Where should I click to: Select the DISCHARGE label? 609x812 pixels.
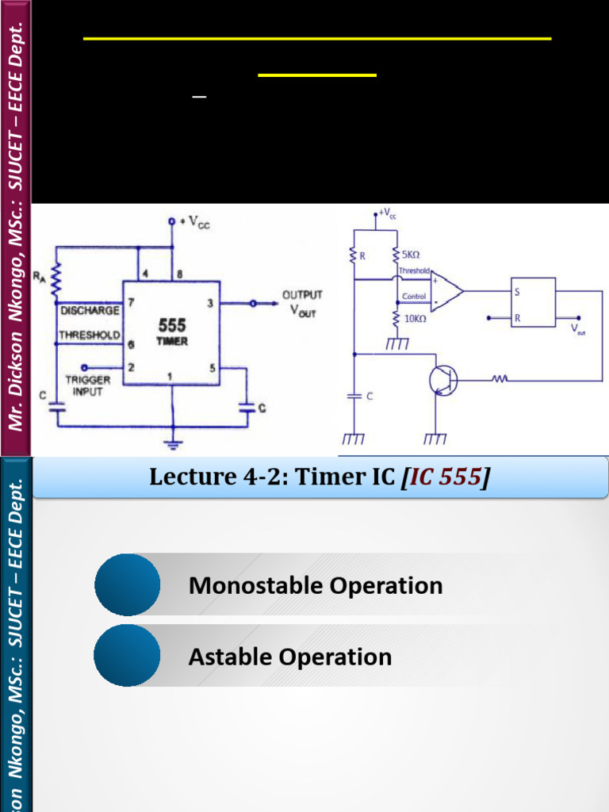pyautogui.click(x=90, y=309)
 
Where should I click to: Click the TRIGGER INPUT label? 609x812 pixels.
pyautogui.click(x=87, y=385)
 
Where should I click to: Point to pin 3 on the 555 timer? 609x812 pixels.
pyautogui.click(x=209, y=303)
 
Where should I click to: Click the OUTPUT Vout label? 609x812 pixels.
pyautogui.click(x=302, y=304)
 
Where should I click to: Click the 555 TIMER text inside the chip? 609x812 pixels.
pyautogui.click(x=171, y=332)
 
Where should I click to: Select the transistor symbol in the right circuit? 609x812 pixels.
pyautogui.click(x=442, y=381)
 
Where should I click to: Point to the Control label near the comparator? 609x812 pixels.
pyautogui.click(x=415, y=297)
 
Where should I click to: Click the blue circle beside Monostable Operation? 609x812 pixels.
pyautogui.click(x=127, y=585)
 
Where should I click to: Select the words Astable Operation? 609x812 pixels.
pyautogui.click(x=289, y=657)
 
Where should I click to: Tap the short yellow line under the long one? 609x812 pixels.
pyautogui.click(x=317, y=75)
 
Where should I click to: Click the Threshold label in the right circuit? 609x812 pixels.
pyautogui.click(x=414, y=271)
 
